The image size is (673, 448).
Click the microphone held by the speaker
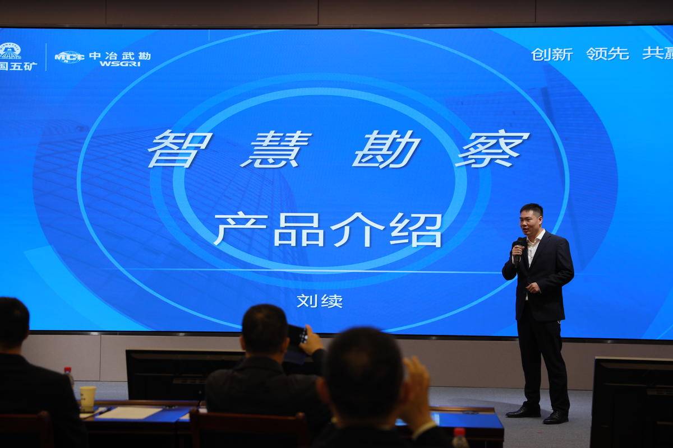coord(518,250)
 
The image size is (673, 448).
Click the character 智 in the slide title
coord(179,148)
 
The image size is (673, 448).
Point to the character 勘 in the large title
coord(386,149)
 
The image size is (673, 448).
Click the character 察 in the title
coord(492,148)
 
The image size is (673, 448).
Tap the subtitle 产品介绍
coord(328,230)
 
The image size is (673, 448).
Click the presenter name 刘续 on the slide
coord(320,301)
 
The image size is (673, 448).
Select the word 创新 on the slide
coord(552,54)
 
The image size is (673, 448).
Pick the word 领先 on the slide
coord(607,54)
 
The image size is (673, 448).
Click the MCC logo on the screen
coord(70,57)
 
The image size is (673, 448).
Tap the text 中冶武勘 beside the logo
coord(120,56)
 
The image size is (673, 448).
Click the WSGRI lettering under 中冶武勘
coord(120,64)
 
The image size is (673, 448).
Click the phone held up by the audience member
coord(298,335)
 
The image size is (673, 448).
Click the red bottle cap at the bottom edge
coord(459,432)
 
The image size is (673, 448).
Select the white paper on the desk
coord(128,413)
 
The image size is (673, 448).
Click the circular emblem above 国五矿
coord(10,51)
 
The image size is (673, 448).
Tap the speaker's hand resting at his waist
coord(533,288)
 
